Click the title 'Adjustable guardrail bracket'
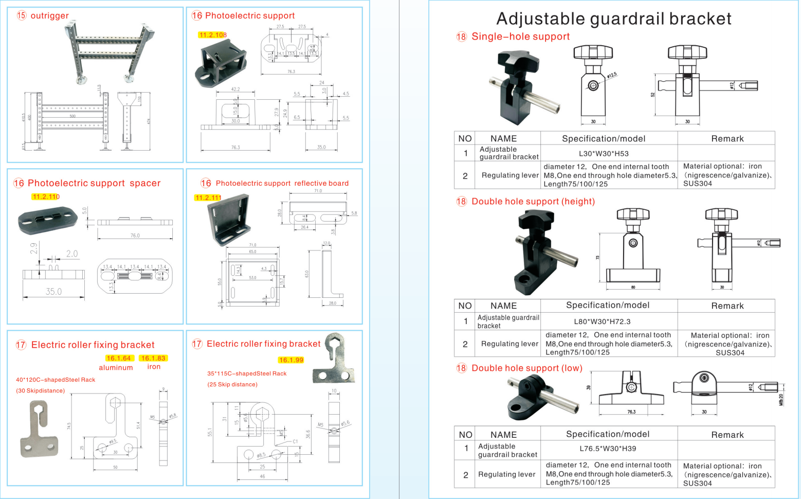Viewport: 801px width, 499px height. [x=613, y=19]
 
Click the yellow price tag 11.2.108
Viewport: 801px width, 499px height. [x=212, y=35]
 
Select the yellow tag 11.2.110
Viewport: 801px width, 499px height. [x=46, y=197]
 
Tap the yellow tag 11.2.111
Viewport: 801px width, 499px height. [x=208, y=198]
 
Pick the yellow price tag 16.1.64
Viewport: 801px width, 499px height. [x=119, y=358]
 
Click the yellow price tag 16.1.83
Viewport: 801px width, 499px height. [x=154, y=358]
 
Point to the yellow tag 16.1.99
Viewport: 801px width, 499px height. [x=291, y=360]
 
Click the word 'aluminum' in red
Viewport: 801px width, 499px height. [x=116, y=367]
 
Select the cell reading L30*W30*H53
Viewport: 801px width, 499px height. [x=604, y=153]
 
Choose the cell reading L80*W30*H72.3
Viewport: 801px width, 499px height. [x=602, y=322]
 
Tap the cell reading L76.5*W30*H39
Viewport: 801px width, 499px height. [x=608, y=449]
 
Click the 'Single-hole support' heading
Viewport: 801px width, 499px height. [x=520, y=37]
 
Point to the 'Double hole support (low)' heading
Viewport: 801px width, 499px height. [x=526, y=368]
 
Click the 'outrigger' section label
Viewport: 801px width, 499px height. [x=49, y=15]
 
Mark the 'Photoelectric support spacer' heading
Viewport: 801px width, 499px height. [x=94, y=183]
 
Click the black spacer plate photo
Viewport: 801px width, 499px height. [x=47, y=219]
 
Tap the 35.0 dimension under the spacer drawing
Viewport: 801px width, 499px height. [x=53, y=292]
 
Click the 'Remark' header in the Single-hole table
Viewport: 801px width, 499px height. [x=727, y=138]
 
